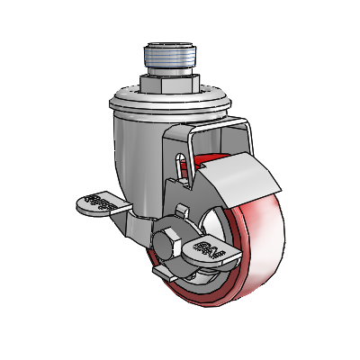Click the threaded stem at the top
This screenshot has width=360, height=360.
click(168, 61)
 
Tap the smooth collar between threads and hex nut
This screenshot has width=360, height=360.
click(168, 74)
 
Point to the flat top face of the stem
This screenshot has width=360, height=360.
click(168, 44)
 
